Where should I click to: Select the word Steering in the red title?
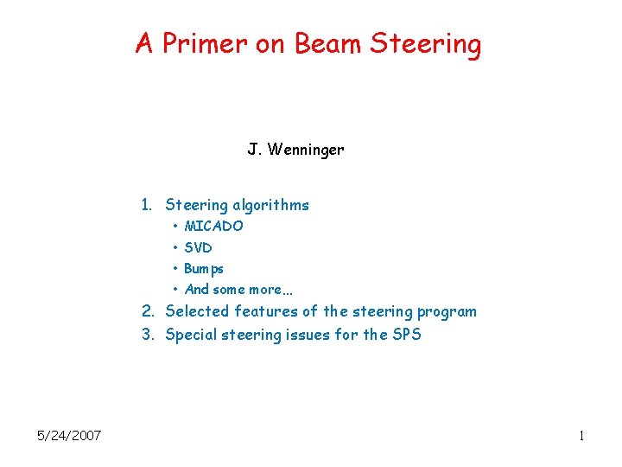426,43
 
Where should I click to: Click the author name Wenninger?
306,150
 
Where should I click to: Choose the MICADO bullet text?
213,227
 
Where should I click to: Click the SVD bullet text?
198,247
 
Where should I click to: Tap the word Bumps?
204,269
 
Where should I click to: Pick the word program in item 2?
447,311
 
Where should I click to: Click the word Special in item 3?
193,335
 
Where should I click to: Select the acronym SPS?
405,335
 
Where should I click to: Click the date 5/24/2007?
69,435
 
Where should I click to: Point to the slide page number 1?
582,436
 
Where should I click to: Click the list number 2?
148,311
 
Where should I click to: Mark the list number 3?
148,335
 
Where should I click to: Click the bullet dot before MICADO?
175,227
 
